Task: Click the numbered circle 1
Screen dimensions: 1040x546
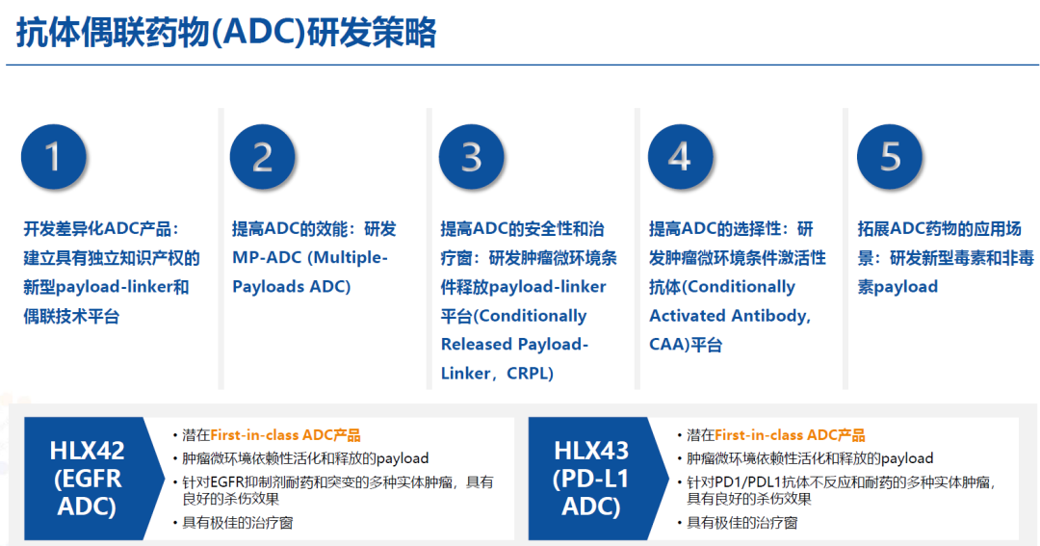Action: (x=53, y=157)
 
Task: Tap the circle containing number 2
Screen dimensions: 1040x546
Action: (x=263, y=157)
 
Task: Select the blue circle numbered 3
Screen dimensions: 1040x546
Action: (x=472, y=157)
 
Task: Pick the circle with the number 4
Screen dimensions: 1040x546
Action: (x=681, y=157)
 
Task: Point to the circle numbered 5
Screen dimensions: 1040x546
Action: (x=890, y=157)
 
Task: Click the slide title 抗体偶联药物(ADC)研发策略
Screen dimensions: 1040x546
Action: (x=226, y=33)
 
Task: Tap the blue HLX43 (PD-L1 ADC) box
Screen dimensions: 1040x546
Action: (x=598, y=479)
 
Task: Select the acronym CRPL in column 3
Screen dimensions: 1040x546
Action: (x=529, y=374)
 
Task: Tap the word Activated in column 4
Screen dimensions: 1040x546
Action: (x=686, y=316)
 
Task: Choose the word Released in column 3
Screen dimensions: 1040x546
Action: (x=476, y=345)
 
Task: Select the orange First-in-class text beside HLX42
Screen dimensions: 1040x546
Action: (x=254, y=435)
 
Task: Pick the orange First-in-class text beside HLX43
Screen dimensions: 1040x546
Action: (x=759, y=435)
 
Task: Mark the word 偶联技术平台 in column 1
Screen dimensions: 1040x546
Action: (x=71, y=317)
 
